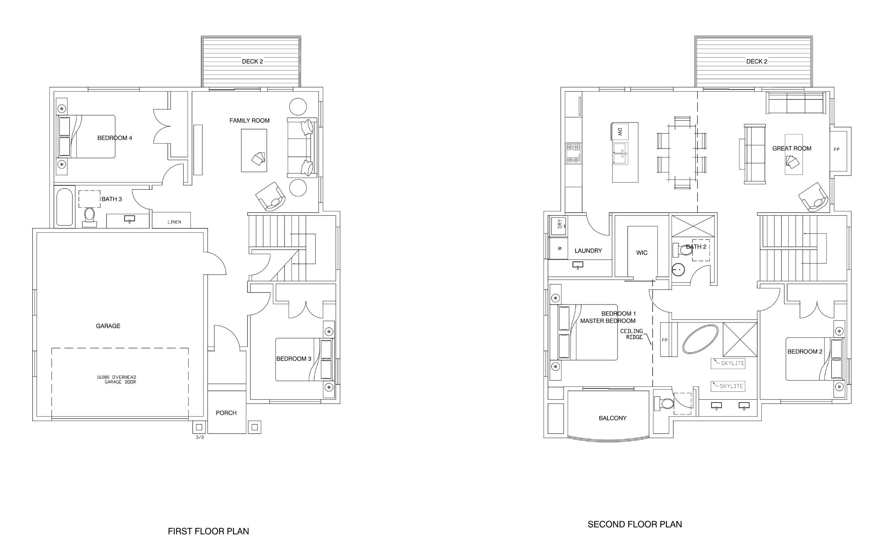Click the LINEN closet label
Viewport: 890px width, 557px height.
pos(174,222)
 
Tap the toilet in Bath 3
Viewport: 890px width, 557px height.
pos(89,217)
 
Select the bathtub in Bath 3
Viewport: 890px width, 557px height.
pos(65,207)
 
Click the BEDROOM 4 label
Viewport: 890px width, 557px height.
pos(115,138)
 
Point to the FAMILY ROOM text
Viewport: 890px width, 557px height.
pos(249,121)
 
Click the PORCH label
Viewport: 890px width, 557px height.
pos(226,413)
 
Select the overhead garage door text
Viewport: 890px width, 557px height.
pos(116,380)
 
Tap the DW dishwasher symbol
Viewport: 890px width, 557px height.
pos(620,131)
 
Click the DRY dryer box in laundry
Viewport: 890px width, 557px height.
pos(559,224)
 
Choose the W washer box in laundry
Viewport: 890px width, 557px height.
pos(559,248)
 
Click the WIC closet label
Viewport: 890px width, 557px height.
pos(642,253)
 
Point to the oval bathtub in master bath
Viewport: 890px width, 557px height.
pos(700,339)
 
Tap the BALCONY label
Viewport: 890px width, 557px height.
pos(613,418)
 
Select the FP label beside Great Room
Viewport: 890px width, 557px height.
pos(837,150)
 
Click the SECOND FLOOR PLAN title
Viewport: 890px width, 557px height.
pos(634,524)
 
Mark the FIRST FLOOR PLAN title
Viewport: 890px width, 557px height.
pos(208,531)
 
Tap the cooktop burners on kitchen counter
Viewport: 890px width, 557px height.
pos(573,154)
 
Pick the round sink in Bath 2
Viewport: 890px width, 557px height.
pos(678,270)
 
